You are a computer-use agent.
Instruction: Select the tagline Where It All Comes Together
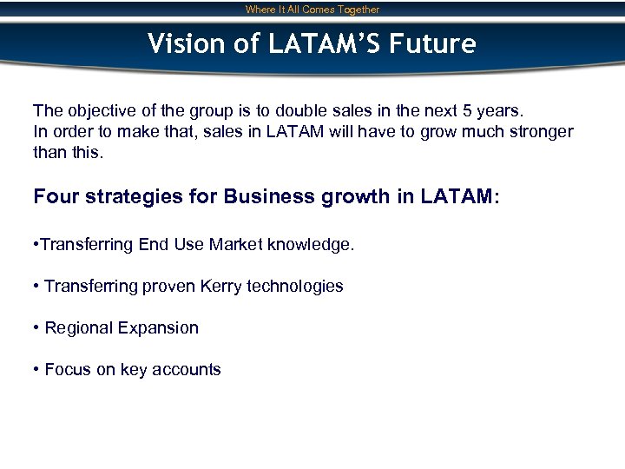tap(312, 10)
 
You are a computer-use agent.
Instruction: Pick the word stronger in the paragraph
tap(536, 132)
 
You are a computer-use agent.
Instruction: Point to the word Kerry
tap(220, 286)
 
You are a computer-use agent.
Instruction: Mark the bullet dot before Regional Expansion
tap(36, 328)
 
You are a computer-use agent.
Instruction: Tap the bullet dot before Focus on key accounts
tap(36, 370)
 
